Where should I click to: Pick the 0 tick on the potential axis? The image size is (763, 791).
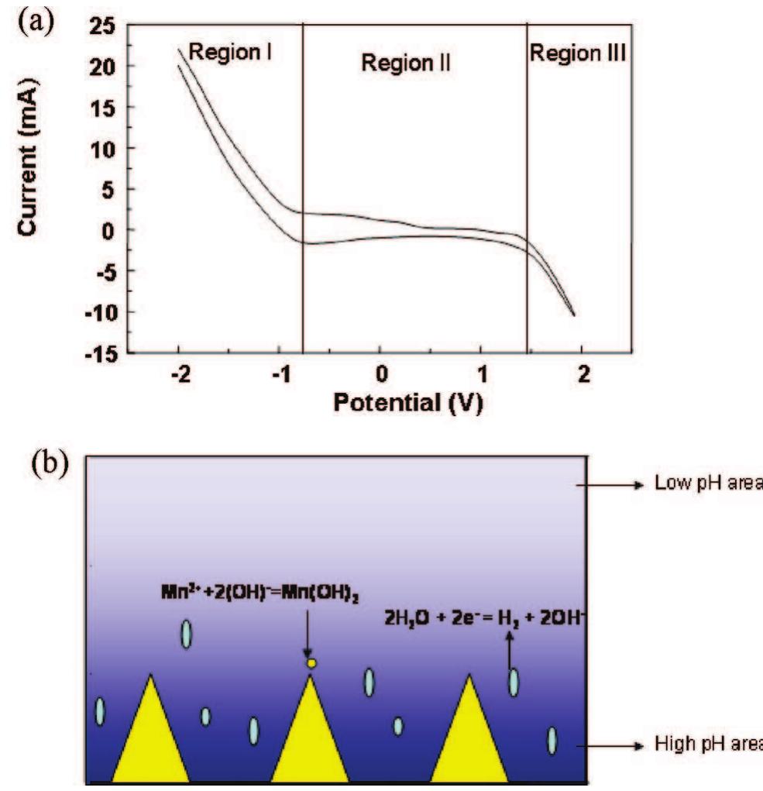pyautogui.click(x=380, y=375)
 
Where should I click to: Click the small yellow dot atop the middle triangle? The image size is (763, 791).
pyautogui.click(x=311, y=663)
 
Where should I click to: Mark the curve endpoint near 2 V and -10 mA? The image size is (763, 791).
pyautogui.click(x=574, y=315)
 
